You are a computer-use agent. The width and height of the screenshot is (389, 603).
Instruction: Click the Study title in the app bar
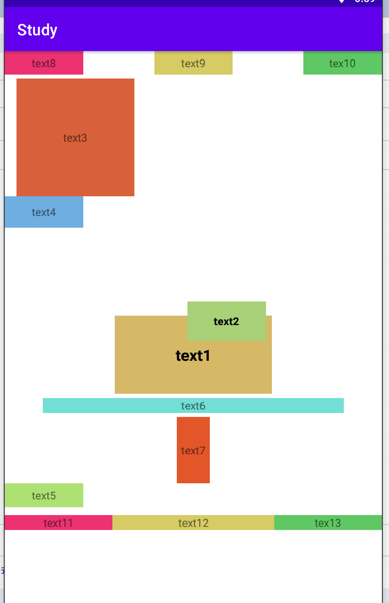[x=37, y=30]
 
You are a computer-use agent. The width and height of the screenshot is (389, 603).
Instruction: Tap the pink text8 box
[x=44, y=63]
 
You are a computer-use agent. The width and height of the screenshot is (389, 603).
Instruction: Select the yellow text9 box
[x=193, y=63]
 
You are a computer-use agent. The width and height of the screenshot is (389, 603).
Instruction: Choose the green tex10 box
[x=342, y=63]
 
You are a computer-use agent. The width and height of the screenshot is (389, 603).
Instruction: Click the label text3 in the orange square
[x=75, y=138]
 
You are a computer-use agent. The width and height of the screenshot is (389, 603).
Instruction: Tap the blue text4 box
[x=44, y=212]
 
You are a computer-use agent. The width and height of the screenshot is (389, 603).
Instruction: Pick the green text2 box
[x=226, y=321]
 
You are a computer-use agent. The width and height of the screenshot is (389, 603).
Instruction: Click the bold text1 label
[x=193, y=356]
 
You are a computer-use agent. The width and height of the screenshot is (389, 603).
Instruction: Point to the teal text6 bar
[x=193, y=406]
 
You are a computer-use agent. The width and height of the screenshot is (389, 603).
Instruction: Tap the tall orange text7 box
[x=193, y=450]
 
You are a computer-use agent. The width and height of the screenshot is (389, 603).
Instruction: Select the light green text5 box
[x=44, y=495]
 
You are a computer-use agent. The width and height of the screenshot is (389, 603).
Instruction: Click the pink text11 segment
[x=58, y=523]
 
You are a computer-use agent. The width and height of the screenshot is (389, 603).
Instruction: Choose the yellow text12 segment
[x=193, y=523]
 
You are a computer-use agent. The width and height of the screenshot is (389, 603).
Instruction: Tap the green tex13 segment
[x=328, y=523]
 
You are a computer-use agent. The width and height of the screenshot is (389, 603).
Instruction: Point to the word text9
[x=193, y=64]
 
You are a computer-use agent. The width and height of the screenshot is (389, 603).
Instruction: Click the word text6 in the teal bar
[x=193, y=406]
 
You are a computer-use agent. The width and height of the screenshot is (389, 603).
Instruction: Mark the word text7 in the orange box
[x=193, y=451]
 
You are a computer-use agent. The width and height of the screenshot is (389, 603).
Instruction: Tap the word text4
[x=44, y=212]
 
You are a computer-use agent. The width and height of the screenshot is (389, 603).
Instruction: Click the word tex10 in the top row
[x=342, y=64]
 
